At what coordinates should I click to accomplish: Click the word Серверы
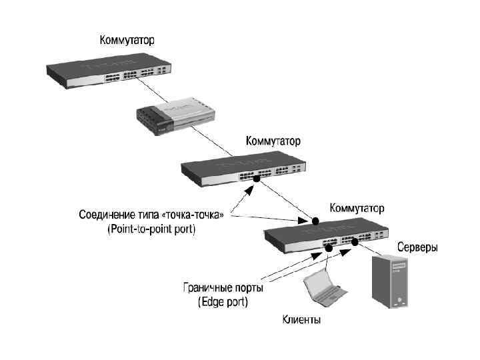point(417,247)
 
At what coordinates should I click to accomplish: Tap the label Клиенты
point(299,321)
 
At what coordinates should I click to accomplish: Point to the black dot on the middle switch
point(256,179)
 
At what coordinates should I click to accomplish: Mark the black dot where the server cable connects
point(355,243)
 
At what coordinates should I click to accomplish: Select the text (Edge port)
point(223,301)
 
